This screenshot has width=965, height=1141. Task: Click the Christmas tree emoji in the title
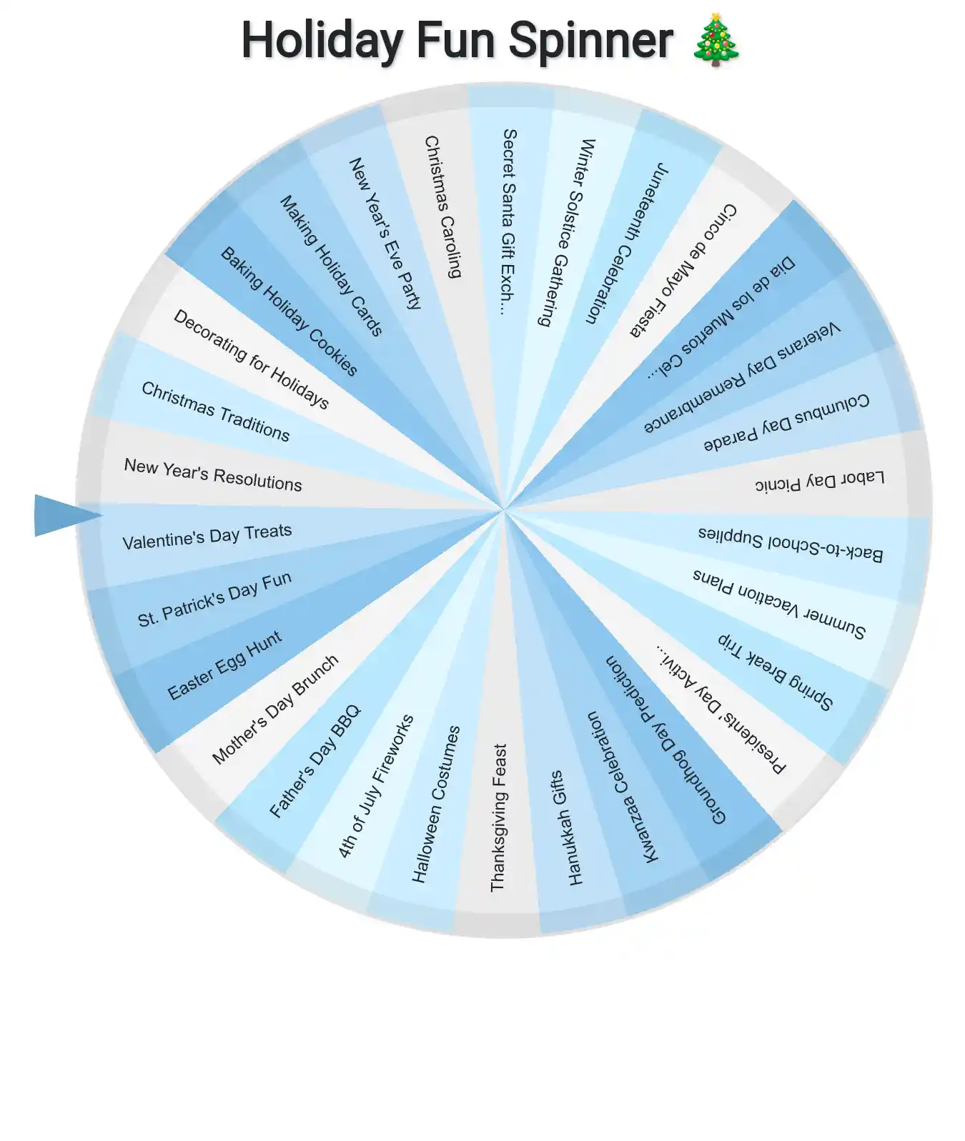716,40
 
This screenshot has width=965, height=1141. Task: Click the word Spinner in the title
590,41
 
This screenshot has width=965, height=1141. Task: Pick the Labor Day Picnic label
820,481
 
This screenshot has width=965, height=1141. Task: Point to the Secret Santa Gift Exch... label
508,221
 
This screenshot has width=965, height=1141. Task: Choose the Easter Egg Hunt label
224,665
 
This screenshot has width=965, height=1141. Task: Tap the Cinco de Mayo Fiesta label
683,270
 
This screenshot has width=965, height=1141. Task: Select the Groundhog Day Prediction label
666,739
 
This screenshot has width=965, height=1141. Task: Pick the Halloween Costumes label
436,804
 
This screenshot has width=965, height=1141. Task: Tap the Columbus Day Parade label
786,422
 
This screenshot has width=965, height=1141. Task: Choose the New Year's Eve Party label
385,233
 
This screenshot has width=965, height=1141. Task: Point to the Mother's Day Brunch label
275,709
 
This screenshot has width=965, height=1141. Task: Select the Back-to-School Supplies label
791,544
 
